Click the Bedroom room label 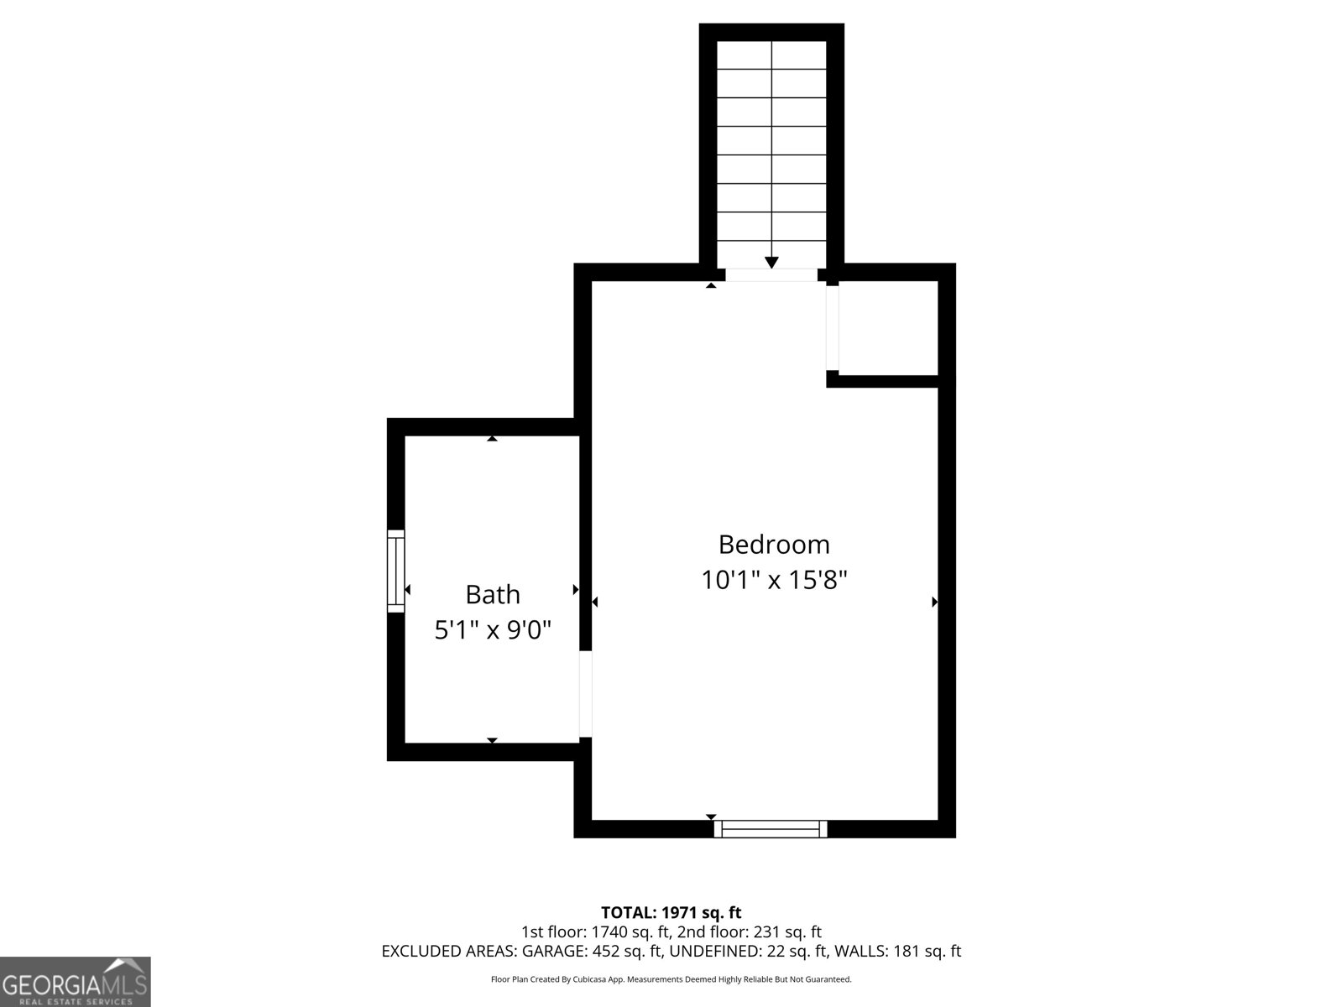point(773,544)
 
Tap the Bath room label point(493,594)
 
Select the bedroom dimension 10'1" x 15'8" point(774,580)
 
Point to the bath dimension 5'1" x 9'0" point(493,629)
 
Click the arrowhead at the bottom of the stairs point(771,263)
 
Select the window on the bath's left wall point(396,571)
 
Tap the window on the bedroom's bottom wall point(771,829)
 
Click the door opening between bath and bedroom point(586,694)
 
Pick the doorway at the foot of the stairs point(771,275)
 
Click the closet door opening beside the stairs point(832,328)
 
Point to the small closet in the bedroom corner point(888,328)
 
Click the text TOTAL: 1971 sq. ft point(671,912)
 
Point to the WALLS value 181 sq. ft point(927,951)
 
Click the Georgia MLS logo point(76,981)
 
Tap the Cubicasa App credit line point(671,978)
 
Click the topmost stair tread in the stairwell point(771,55)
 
